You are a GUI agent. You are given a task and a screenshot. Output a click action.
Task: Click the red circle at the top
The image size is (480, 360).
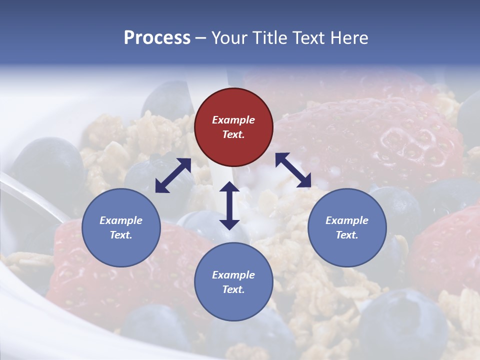click(x=233, y=127)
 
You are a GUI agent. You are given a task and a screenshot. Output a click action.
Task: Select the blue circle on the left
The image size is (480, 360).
click(x=121, y=227)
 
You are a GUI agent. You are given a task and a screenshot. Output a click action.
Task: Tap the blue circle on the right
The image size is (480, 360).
click(x=347, y=227)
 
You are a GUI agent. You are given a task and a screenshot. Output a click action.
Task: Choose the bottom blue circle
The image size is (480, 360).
click(x=233, y=282)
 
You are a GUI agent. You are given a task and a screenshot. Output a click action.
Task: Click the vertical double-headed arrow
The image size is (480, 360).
click(x=229, y=205)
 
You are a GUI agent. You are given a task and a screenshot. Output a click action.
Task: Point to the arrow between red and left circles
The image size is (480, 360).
click(x=173, y=175)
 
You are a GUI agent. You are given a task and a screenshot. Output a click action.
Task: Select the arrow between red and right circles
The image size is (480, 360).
click(x=293, y=170)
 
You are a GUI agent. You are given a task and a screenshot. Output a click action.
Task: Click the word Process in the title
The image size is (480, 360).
click(x=157, y=37)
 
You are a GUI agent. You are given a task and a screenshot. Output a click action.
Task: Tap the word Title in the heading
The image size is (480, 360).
click(x=268, y=37)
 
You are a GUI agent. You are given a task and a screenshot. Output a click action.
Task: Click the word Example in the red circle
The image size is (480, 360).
click(x=233, y=120)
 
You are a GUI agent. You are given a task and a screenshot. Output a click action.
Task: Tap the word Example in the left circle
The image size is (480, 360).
click(x=121, y=220)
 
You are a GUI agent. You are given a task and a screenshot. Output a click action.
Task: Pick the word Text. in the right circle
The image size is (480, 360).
click(x=347, y=235)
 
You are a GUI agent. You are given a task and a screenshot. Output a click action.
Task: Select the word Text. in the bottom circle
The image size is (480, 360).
click(x=233, y=289)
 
